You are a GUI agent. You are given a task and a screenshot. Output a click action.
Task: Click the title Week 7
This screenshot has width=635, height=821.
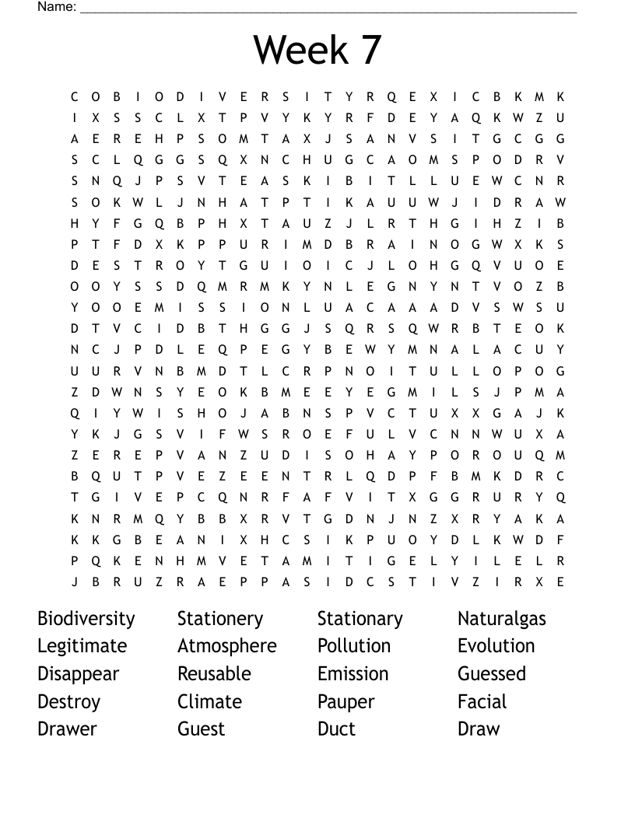317,50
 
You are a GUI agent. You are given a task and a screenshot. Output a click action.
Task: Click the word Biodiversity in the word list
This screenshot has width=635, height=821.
86,619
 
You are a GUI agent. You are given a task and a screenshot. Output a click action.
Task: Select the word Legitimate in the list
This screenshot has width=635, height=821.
82,646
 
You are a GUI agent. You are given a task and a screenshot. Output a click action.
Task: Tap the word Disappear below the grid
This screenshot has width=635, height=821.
78,674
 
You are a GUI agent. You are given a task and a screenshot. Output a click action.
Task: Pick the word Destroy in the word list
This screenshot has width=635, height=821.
68,702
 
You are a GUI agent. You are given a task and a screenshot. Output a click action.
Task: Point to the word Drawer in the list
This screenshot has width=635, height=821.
67,729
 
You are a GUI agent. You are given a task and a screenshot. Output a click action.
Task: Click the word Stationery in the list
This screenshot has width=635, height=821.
220,619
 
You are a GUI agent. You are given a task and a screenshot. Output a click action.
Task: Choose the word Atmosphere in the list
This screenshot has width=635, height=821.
226,646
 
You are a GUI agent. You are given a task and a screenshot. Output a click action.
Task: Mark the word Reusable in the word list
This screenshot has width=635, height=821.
214,673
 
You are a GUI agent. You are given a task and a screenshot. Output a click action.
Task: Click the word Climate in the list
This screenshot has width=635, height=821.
209,701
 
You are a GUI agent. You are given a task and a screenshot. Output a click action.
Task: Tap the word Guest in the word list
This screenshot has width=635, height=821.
201,729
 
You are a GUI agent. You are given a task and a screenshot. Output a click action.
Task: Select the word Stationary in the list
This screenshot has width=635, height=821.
360,619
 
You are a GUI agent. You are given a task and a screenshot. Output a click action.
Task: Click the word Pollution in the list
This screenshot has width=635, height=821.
353,646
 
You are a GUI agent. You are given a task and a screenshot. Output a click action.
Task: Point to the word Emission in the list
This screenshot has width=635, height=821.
353,673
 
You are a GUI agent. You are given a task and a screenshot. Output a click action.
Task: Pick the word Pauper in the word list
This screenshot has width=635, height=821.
346,702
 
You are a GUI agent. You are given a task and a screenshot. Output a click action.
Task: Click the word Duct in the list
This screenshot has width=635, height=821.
336,729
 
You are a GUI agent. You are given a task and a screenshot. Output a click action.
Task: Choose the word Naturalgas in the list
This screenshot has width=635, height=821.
501,620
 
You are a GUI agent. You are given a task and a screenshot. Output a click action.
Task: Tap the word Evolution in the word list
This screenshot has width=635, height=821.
496,646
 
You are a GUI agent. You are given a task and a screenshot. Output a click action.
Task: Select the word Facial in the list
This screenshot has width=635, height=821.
482,701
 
